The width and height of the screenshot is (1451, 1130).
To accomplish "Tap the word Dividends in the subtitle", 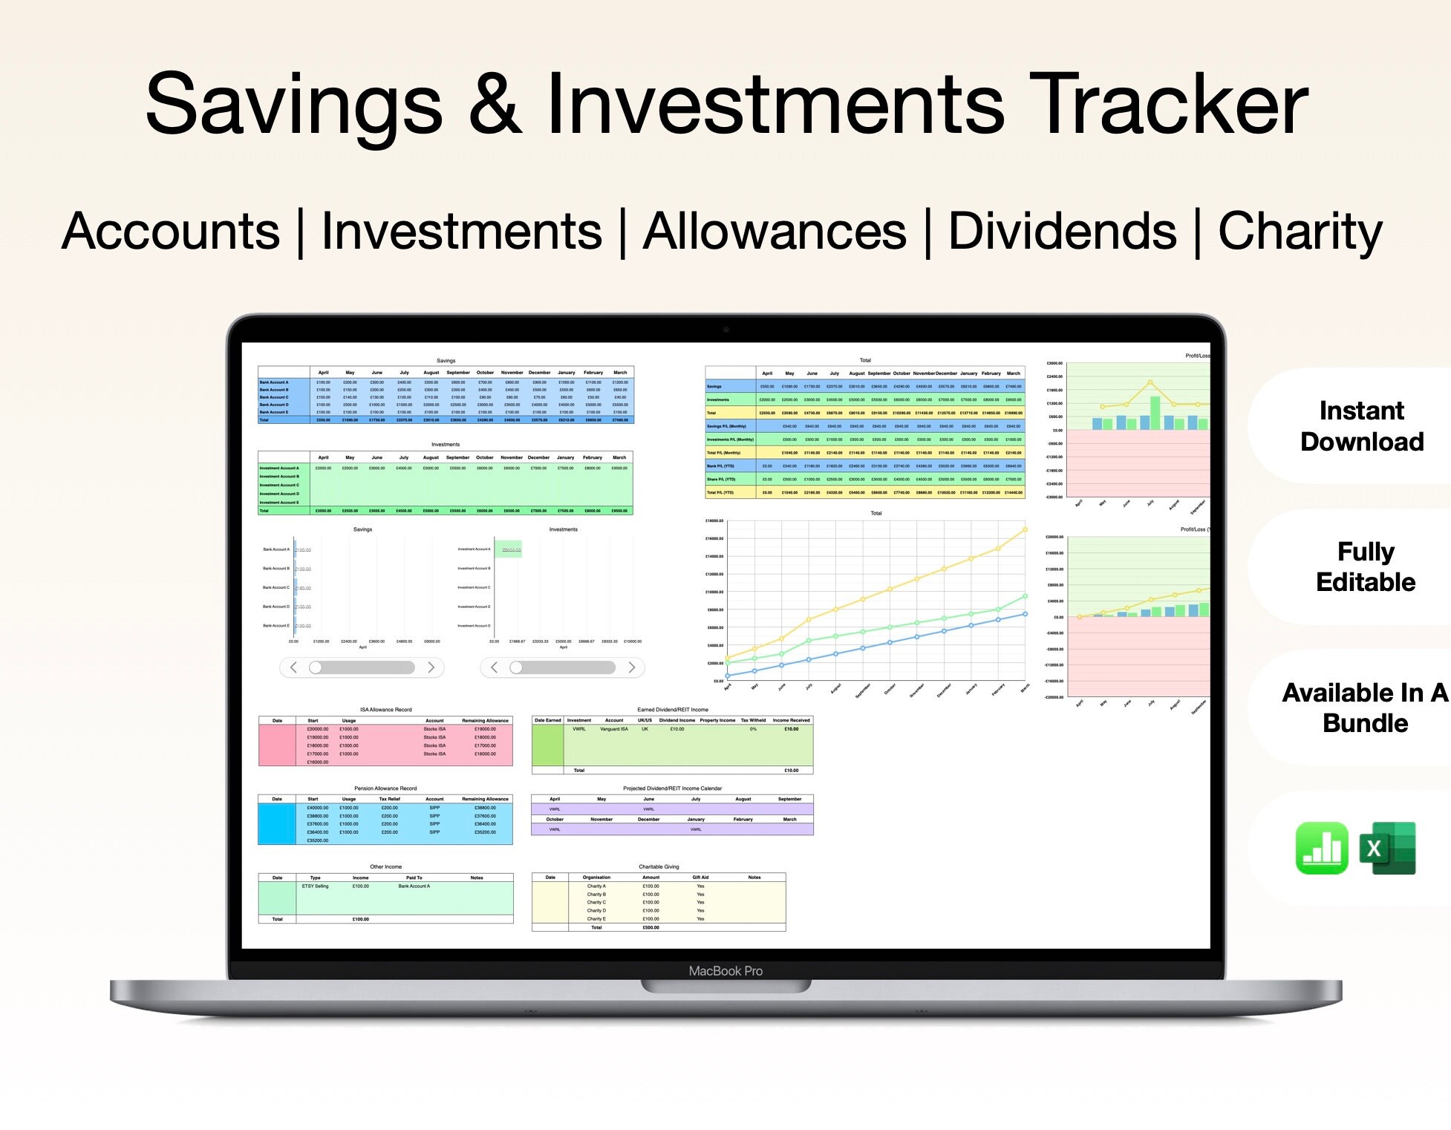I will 1062,232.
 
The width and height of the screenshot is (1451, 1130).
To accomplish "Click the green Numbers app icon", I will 1322,848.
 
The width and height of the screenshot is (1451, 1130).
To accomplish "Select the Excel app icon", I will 1387,848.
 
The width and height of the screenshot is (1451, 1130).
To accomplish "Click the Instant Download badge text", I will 1361,426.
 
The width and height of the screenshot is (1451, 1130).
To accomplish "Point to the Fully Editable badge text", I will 1365,566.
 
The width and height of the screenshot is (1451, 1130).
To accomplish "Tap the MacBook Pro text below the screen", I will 725,971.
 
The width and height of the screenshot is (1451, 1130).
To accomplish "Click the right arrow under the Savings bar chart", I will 431,667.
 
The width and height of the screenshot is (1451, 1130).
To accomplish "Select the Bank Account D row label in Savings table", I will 274,405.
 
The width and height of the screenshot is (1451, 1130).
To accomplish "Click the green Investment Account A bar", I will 509,549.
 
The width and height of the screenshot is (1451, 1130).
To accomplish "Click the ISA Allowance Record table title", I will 385,710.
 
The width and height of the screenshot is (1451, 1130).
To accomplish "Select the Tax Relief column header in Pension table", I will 389,800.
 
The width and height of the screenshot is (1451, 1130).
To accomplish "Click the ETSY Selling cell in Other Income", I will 315,886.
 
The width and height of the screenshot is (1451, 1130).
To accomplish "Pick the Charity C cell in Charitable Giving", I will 596,903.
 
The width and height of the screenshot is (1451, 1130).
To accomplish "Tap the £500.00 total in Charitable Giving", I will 650,927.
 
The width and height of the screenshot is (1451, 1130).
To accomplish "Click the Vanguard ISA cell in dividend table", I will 614,729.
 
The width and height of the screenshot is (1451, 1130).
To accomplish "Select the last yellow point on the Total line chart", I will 1026,529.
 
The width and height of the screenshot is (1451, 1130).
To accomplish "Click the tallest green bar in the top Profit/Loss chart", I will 1155,414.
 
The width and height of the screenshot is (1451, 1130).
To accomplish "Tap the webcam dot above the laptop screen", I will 725,329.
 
